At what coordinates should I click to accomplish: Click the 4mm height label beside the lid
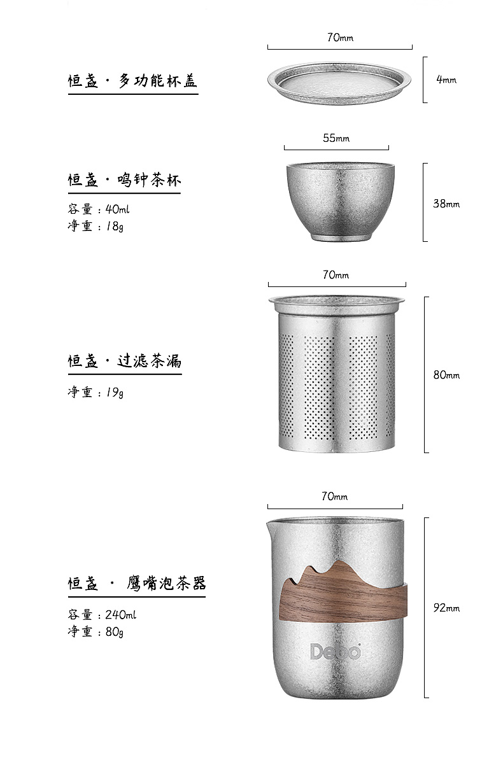coord(446,80)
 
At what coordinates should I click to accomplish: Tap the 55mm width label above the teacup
coord(336,138)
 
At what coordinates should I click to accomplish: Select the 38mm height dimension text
coord(446,204)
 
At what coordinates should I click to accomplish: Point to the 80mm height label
coord(446,375)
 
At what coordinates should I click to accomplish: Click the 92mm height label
coord(446,608)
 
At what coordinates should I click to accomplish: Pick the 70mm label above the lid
coord(340,37)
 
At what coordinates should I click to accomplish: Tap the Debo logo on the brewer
coord(336,651)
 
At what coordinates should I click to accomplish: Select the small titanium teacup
coord(340,202)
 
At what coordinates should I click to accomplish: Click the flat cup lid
coord(339,83)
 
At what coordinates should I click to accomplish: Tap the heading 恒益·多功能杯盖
coord(132,81)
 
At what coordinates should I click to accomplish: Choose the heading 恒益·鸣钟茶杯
coord(124,180)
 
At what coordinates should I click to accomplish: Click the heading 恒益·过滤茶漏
coord(124,361)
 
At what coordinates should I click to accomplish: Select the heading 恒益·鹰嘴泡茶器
coord(136,583)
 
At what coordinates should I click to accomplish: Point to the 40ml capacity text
coord(117,209)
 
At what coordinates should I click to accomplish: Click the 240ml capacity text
coord(121,615)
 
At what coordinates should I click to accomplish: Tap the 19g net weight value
coord(115,392)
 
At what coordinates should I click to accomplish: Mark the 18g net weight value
coord(115,226)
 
